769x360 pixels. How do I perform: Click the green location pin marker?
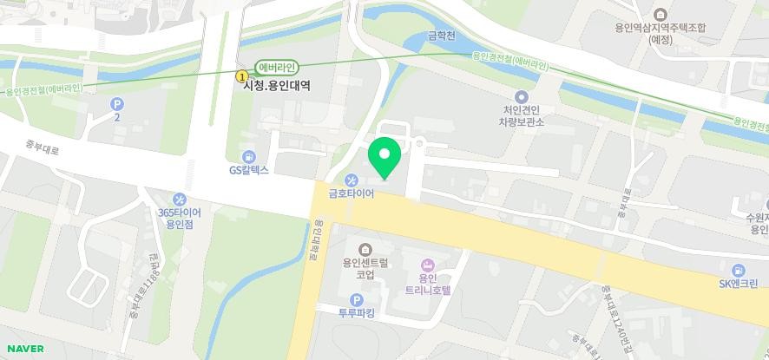coord(384,156)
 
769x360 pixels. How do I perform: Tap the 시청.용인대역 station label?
coord(277,86)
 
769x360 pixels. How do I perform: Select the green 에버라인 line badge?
coord(278,68)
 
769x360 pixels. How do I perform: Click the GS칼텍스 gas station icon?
coord(249,156)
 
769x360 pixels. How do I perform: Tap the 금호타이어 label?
coord(351,194)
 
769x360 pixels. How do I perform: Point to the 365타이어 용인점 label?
coord(179,218)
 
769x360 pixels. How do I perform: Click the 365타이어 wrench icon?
coord(179,200)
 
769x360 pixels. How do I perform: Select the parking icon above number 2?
coord(116,103)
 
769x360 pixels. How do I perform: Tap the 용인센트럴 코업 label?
coord(365,269)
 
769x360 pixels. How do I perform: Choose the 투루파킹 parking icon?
coord(356,300)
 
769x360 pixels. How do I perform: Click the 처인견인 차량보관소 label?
coord(521,115)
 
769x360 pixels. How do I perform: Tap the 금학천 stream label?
coord(443,36)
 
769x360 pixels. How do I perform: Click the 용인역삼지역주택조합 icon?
coord(661,14)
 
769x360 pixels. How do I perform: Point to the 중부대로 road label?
coord(43,149)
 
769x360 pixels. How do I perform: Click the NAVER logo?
coord(24,349)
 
